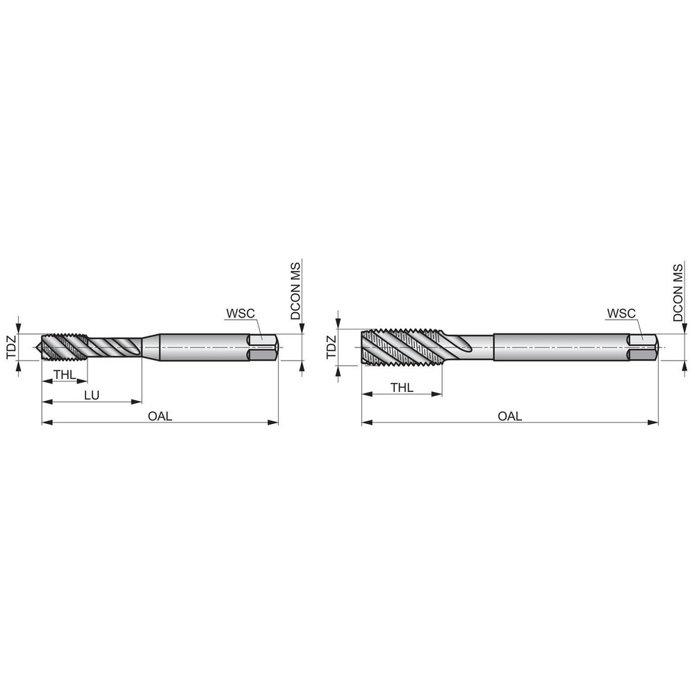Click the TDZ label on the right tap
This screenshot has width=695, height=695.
click(331, 347)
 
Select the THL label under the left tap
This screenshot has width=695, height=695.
click(64, 375)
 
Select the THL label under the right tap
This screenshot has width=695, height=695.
click(402, 388)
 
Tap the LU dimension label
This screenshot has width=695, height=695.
click(91, 395)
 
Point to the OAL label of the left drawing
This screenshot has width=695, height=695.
click(160, 416)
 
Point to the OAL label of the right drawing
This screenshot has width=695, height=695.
click(509, 416)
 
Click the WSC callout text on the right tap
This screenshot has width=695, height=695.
click(621, 313)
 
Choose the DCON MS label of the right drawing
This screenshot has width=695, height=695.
click(678, 290)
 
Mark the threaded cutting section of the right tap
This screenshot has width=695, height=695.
click(400, 347)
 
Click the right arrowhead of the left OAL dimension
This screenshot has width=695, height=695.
click(275, 422)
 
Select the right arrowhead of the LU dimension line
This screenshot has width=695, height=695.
click(138, 401)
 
